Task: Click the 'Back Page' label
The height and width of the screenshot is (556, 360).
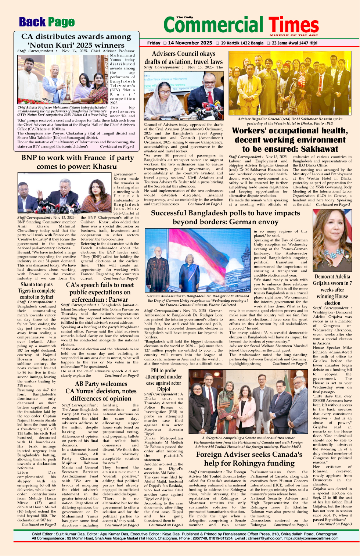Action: tap(47, 22)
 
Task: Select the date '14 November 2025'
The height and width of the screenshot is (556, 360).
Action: tap(190, 43)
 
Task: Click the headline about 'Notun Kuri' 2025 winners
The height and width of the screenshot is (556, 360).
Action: tap(76, 41)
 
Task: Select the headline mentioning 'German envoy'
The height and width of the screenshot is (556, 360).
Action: tap(225, 217)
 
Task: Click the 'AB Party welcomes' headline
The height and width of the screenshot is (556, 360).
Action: tap(101, 391)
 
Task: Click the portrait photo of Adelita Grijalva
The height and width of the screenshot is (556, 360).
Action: tap(332, 240)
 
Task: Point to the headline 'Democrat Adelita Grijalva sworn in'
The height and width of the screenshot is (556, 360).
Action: tap(332, 289)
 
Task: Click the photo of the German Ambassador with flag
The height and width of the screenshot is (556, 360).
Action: tap(197, 261)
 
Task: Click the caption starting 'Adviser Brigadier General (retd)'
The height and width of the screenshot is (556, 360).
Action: tap(290, 121)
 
